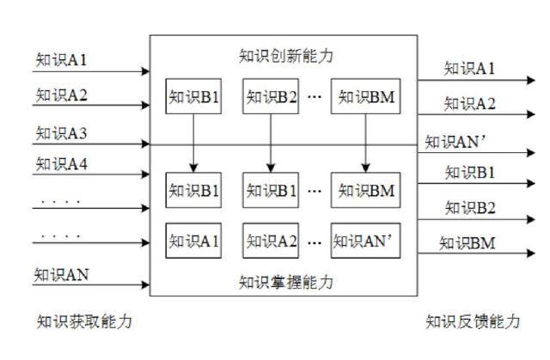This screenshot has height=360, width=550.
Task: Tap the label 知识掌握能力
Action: (x=285, y=281)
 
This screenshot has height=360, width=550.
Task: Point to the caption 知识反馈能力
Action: (x=473, y=321)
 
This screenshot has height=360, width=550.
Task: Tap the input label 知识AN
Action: (x=61, y=275)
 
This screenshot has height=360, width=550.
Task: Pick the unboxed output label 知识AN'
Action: (x=457, y=142)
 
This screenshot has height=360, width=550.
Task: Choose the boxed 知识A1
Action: (x=193, y=240)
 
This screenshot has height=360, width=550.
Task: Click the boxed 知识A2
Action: (x=271, y=240)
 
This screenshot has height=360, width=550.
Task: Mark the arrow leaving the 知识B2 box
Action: (x=271, y=143)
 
